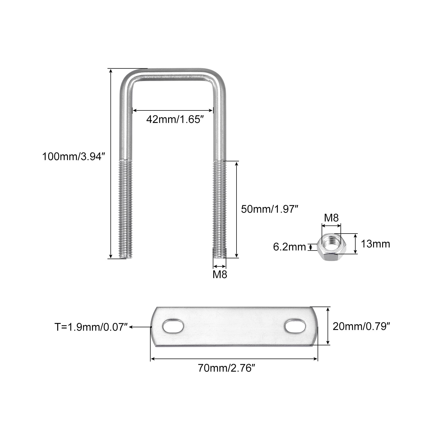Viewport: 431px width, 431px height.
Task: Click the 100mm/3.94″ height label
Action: point(73,157)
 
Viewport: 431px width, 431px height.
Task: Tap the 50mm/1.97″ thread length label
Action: point(270,209)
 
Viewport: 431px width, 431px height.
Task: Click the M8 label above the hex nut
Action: point(331,218)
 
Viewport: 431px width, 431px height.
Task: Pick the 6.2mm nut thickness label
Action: point(289,247)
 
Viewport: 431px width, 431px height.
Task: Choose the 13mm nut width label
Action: point(375,244)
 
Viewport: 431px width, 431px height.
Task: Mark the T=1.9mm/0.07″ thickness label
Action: point(91,327)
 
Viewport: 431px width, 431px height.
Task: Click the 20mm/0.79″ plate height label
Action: point(362,326)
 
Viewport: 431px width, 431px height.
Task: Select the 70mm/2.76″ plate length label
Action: point(226,368)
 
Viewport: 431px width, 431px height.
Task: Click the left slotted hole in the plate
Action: point(173,326)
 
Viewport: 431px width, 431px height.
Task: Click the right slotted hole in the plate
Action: point(296,326)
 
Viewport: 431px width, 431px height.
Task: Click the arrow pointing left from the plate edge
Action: point(140,327)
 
